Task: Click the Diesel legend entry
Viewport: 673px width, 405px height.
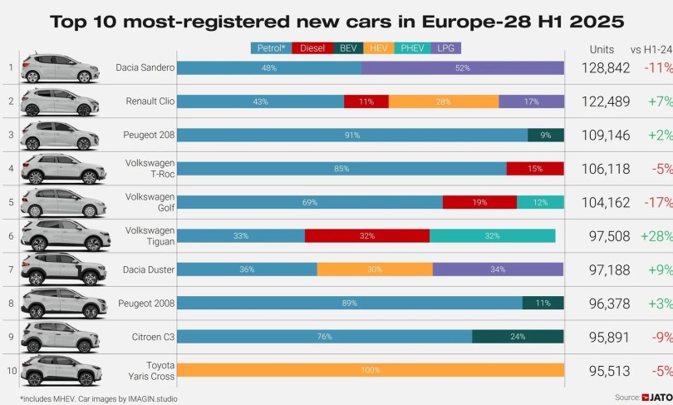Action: [x=312, y=48]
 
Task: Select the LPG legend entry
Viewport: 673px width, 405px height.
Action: [x=446, y=48]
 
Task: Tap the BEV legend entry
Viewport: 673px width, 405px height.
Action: [x=348, y=48]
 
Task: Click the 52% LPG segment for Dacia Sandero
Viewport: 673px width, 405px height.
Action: [x=462, y=68]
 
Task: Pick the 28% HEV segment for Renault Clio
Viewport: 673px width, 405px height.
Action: [x=444, y=101]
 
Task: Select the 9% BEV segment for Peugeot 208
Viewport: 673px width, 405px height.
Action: [x=546, y=135]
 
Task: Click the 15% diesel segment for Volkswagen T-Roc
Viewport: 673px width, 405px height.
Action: [x=535, y=168]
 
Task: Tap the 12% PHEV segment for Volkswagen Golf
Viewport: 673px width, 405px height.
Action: [x=540, y=202]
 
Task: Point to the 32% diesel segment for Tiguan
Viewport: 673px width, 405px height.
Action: [x=367, y=236]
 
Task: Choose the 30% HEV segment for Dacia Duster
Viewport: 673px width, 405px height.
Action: [x=375, y=269]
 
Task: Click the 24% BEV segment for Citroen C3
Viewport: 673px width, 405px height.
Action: [x=518, y=336]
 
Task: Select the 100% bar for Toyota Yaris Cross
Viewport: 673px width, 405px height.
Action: [x=371, y=370]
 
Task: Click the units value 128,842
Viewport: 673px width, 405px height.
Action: [x=606, y=68]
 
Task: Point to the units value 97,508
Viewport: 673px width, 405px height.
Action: [x=610, y=236]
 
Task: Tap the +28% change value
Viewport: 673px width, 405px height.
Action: [x=656, y=236]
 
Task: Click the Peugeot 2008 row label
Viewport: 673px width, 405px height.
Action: [x=146, y=304]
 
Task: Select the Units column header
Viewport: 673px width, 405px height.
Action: [x=602, y=49]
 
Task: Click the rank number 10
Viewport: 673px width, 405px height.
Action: [x=12, y=370]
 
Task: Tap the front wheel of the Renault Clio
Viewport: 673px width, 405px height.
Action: [x=84, y=111]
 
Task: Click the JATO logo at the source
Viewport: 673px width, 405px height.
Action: [x=656, y=398]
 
